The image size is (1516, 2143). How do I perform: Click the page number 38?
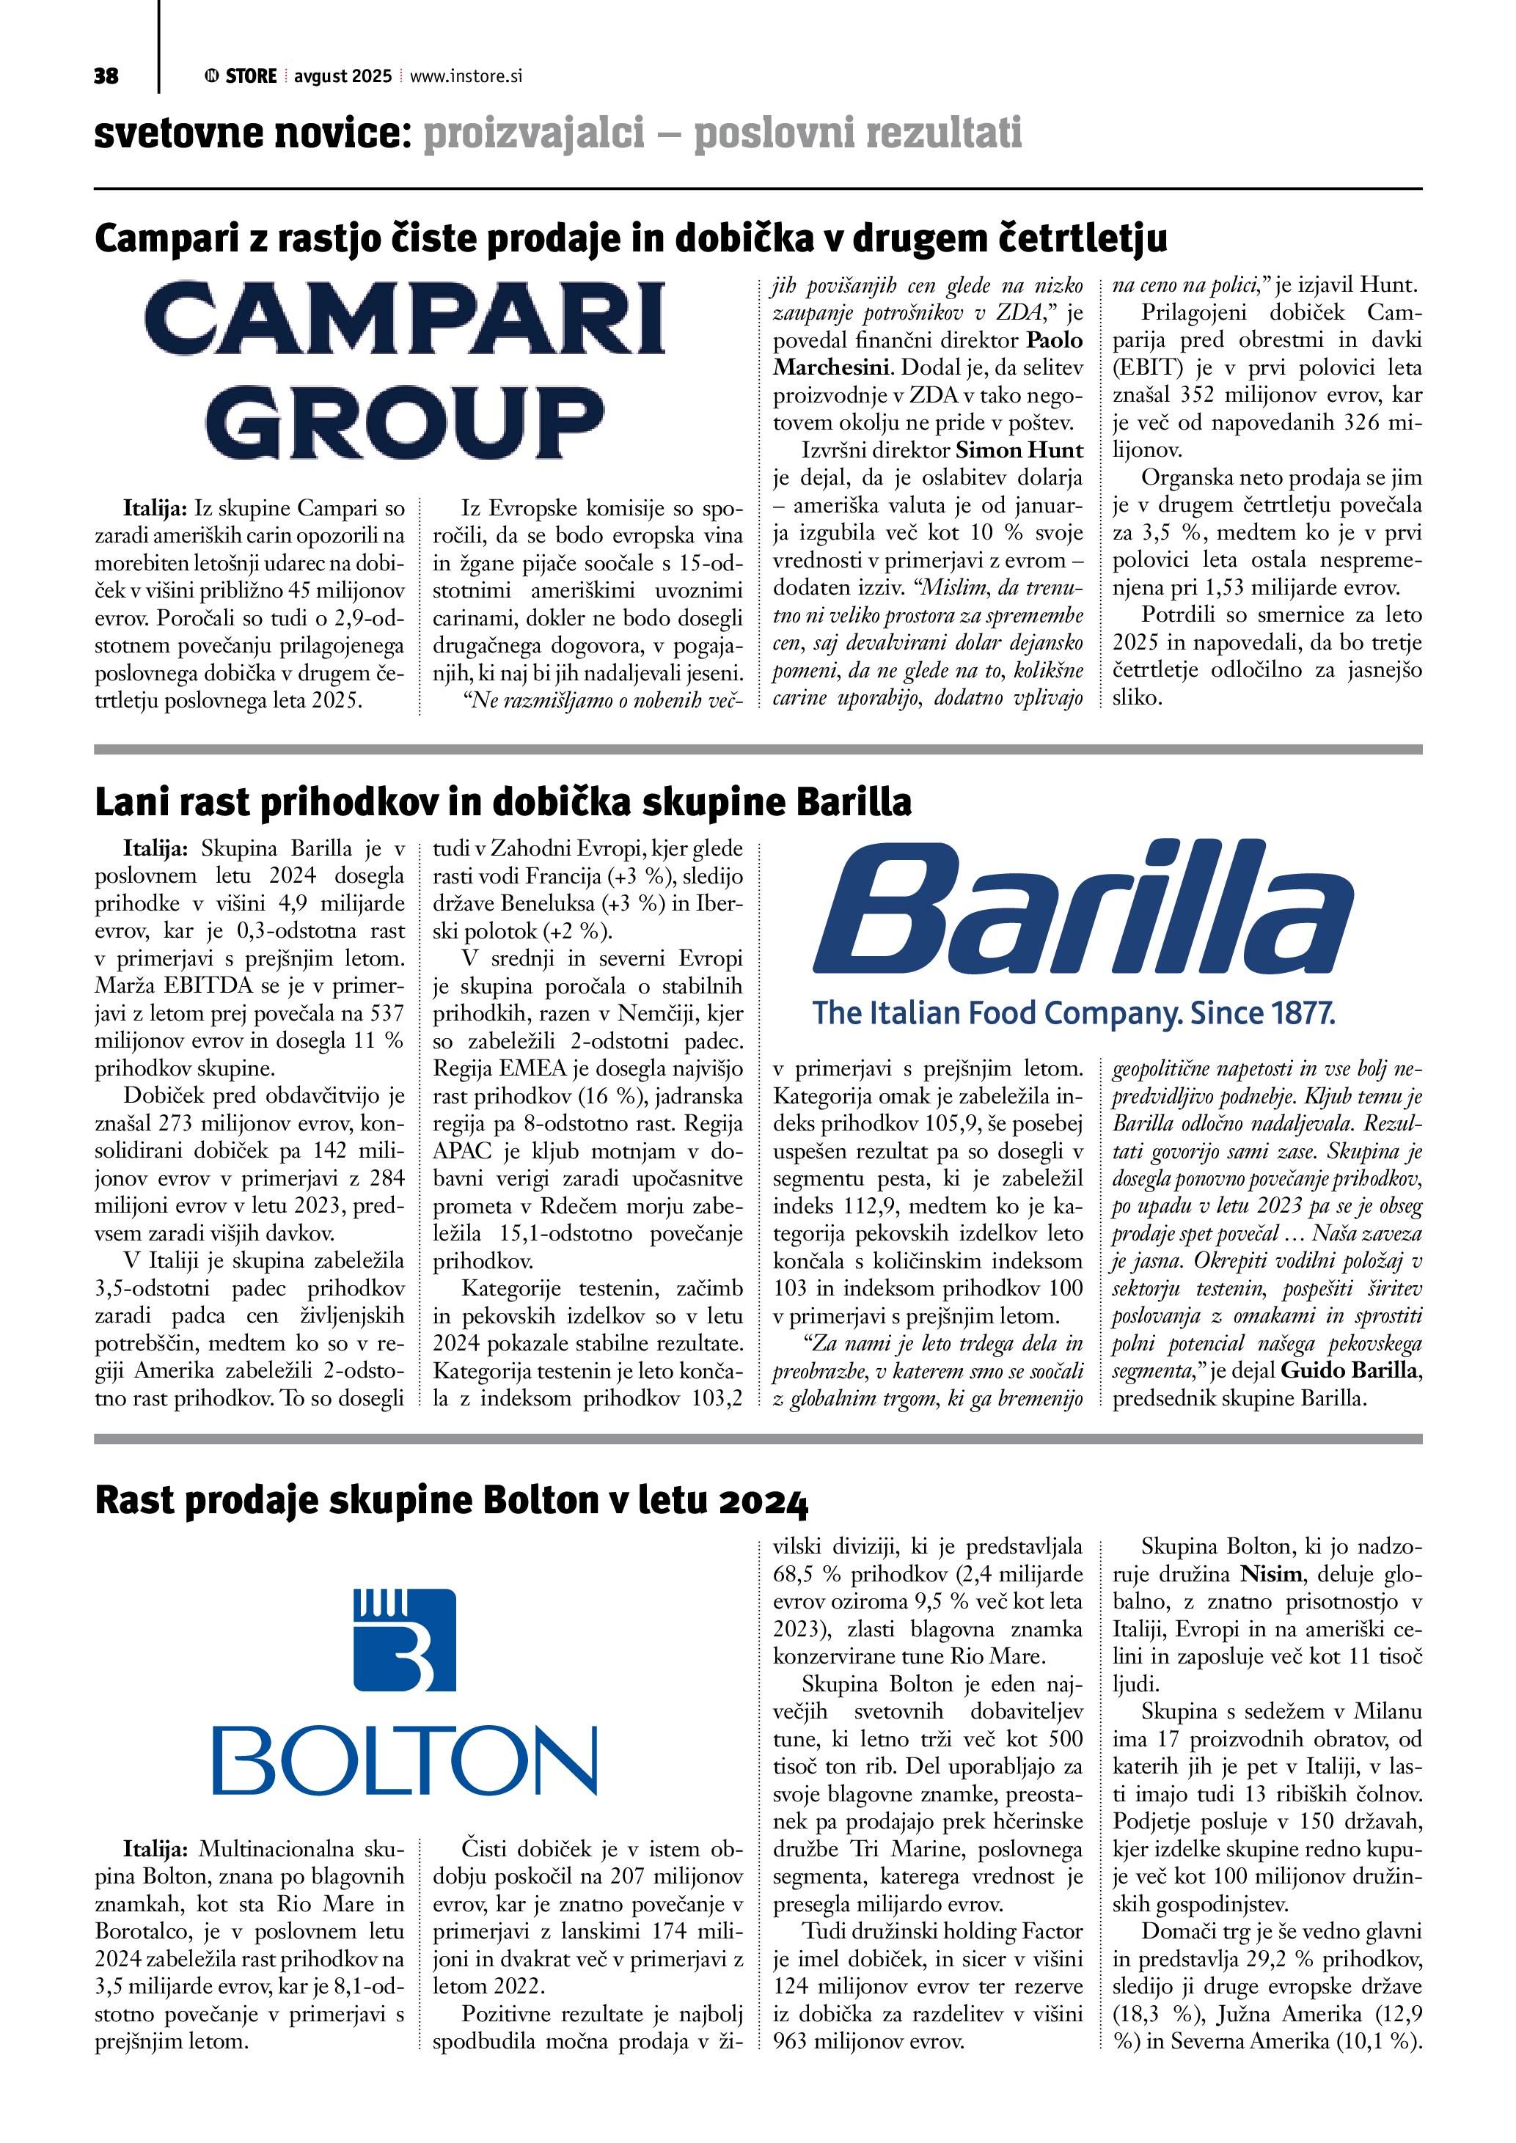106,76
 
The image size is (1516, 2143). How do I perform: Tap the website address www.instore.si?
466,76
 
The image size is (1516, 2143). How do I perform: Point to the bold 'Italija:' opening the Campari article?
157,509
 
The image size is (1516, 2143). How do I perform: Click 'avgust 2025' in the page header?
343,76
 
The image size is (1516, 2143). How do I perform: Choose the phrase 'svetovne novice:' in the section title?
252,133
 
